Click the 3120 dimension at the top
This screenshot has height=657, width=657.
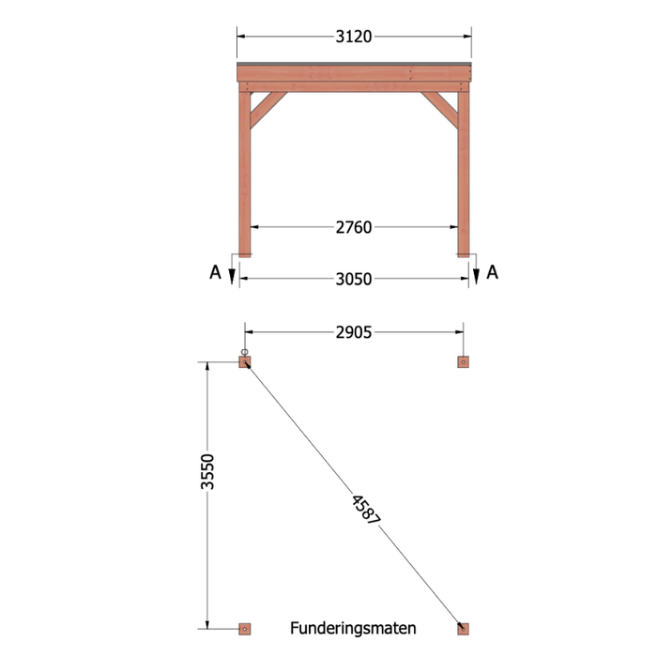pyautogui.click(x=354, y=37)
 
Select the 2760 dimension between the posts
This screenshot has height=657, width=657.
pyautogui.click(x=354, y=227)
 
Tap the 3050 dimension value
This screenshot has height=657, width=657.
pyautogui.click(x=354, y=279)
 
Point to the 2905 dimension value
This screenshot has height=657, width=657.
pyautogui.click(x=354, y=332)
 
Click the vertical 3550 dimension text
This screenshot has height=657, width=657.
pyautogui.click(x=207, y=471)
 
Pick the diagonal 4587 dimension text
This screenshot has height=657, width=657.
pyautogui.click(x=366, y=510)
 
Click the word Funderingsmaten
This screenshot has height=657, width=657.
pyautogui.click(x=353, y=629)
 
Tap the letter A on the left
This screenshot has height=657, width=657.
pyautogui.click(x=215, y=272)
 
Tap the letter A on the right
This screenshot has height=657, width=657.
pyautogui.click(x=493, y=272)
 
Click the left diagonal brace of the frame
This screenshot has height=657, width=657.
pyautogui.click(x=267, y=109)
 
